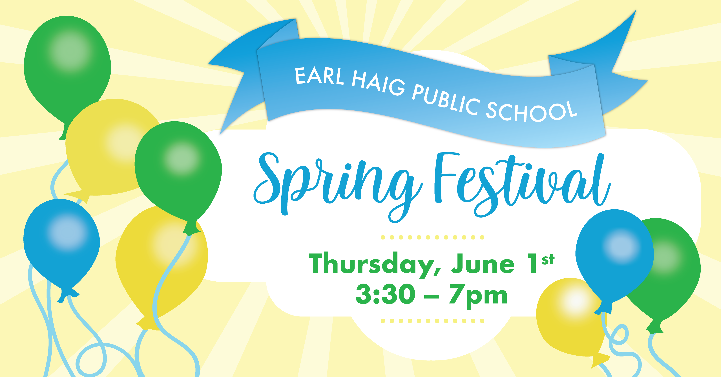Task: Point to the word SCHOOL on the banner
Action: [x=531, y=111]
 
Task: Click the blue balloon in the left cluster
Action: [x=62, y=246]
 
